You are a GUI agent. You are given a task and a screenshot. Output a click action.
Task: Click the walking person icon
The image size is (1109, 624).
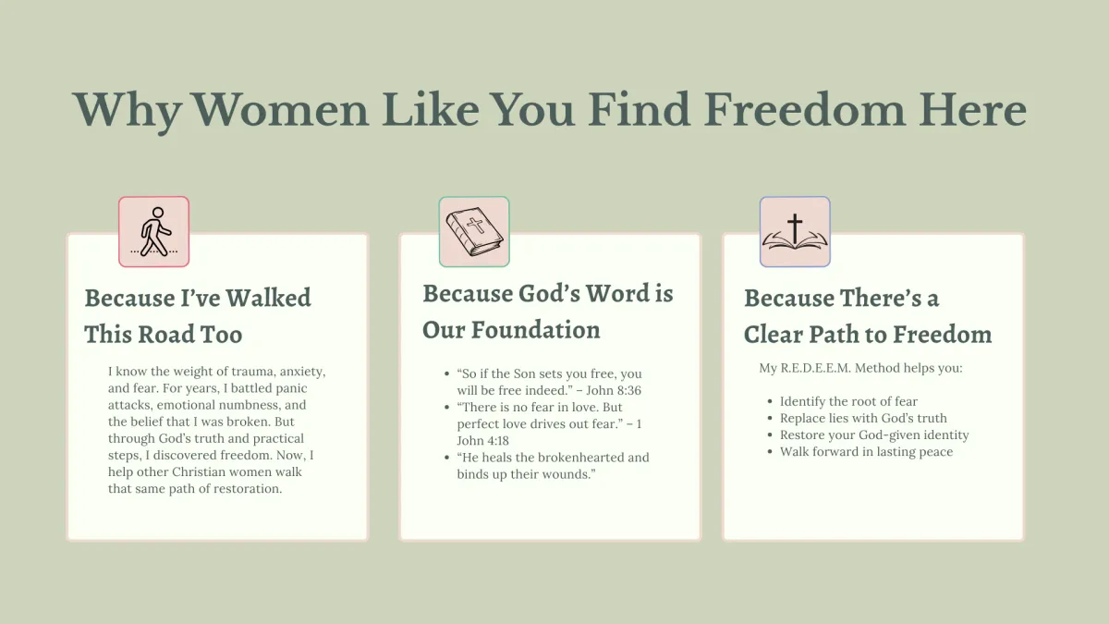tap(154, 232)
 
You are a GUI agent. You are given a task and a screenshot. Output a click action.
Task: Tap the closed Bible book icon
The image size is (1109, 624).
tap(474, 231)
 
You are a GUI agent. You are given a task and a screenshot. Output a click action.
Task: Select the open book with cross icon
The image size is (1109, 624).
tap(795, 232)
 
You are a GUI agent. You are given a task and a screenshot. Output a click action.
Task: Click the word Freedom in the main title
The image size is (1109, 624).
tap(805, 110)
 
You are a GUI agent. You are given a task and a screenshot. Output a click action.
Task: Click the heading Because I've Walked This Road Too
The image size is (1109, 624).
tap(198, 316)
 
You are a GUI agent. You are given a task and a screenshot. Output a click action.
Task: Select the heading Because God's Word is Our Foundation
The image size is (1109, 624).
tap(547, 312)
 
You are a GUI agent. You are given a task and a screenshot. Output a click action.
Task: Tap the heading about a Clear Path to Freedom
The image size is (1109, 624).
tap(868, 316)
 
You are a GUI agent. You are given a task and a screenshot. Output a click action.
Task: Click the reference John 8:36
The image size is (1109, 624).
tap(614, 390)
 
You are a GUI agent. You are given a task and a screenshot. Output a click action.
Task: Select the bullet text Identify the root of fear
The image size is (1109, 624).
tap(848, 401)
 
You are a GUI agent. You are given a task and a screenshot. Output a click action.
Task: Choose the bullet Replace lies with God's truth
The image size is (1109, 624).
tap(863, 418)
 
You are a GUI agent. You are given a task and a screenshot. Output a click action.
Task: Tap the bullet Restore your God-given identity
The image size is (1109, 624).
tap(874, 434)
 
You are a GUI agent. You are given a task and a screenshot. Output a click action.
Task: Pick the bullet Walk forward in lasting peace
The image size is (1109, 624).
tap(867, 452)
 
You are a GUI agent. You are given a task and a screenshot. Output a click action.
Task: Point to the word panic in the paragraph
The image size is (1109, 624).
tap(291, 388)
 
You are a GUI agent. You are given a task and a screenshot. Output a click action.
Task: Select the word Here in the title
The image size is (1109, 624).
tap(972, 110)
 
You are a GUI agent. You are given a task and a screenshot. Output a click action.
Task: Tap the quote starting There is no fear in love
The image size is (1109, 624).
tap(549, 423)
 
